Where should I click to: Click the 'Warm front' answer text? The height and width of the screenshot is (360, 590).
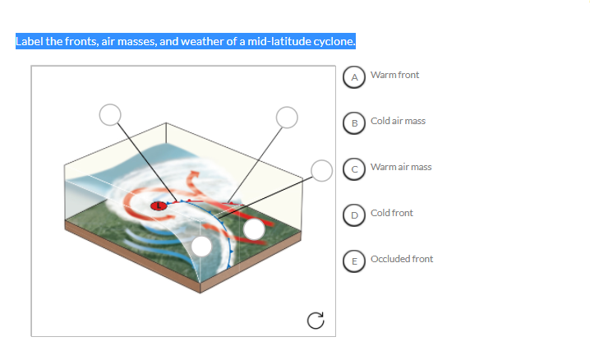click(x=394, y=76)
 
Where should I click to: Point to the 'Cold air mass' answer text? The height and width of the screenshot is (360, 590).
click(x=398, y=122)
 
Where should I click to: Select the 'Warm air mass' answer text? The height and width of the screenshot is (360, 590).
click(x=401, y=168)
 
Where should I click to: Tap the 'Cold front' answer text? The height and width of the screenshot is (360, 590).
click(x=392, y=214)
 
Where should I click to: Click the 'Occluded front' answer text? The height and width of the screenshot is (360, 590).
click(x=402, y=260)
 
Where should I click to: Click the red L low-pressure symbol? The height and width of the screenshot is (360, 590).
click(x=157, y=205)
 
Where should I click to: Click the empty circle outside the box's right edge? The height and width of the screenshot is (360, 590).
click(x=321, y=169)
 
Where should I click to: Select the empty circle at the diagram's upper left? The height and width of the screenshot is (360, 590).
click(x=110, y=114)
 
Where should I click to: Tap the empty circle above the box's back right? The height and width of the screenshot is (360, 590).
click(x=286, y=117)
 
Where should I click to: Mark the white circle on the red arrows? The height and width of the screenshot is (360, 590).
click(x=255, y=229)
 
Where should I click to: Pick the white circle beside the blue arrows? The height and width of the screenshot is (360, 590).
click(x=202, y=247)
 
